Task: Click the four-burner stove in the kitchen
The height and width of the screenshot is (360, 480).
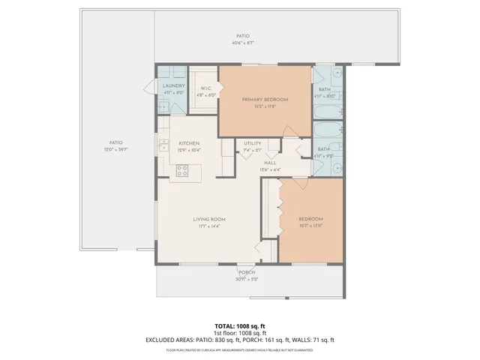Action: point(181,171)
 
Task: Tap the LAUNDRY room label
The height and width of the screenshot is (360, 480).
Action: point(174,86)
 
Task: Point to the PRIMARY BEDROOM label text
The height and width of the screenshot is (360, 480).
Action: point(265,99)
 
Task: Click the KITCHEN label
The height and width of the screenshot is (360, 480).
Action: point(187,143)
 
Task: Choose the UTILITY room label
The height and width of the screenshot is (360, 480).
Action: point(253,143)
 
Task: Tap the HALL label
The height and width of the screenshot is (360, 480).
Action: point(270,163)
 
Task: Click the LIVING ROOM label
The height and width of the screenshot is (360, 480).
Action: point(208,219)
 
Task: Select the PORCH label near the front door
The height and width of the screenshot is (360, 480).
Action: point(247,272)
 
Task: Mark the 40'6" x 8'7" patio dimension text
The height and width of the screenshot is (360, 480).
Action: point(242,43)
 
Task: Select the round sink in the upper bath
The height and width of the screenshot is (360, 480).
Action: point(336,75)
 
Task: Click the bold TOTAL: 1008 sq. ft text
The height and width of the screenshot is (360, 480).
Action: point(240,326)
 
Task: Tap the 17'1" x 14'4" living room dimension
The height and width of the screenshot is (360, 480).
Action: point(208,226)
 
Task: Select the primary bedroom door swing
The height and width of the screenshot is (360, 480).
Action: point(229,146)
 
